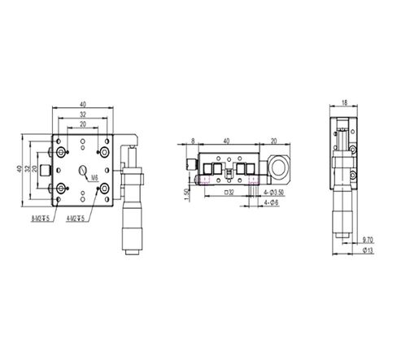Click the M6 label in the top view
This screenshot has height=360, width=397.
click(94, 176)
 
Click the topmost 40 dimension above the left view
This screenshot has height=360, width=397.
click(83, 104)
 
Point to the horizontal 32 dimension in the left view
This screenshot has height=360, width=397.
click(83, 115)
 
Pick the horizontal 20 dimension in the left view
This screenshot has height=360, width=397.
click(83, 124)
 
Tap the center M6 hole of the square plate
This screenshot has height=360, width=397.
click(83, 171)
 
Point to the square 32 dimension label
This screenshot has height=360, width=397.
click(229, 193)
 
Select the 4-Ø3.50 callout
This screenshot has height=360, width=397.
click(273, 193)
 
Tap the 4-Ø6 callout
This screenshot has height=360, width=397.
click(271, 204)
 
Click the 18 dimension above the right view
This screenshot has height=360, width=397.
click(344, 103)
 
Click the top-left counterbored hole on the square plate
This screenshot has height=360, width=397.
click(61, 152)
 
